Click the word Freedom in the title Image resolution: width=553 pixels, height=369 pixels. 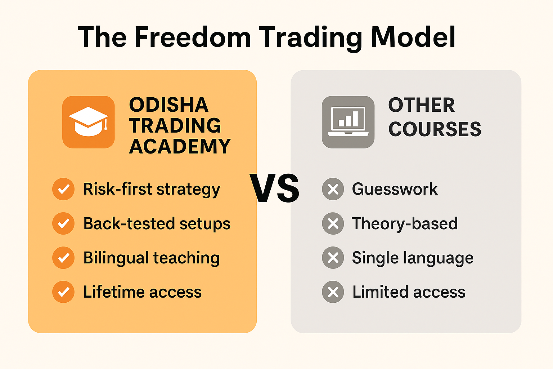coord(193,37)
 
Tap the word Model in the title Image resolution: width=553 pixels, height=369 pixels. coord(413,37)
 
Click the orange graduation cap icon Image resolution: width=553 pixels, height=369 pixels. coord(88,122)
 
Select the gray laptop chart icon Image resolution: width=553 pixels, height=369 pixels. coord(348,122)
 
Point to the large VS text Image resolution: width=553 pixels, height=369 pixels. coord(274,188)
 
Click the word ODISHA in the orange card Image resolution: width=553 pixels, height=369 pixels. coord(168,105)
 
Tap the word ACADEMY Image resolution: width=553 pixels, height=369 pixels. coord(180,146)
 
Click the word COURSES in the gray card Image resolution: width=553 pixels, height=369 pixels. coord(435,129)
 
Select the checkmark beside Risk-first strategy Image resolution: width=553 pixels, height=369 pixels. coord(63,189)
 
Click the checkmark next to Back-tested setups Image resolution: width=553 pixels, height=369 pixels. coord(63,223)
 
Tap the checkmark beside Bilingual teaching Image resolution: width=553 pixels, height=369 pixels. coord(63,258)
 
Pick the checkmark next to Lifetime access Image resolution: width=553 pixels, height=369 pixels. coord(63,292)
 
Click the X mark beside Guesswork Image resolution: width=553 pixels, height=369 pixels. coord(333,189)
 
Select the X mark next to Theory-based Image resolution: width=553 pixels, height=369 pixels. coord(333,223)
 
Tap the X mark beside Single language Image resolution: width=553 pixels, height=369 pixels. coord(333,258)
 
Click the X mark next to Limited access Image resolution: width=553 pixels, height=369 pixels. coord(333,292)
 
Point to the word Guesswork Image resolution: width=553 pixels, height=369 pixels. coord(395,189)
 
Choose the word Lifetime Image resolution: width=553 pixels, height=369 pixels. coord(114,292)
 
